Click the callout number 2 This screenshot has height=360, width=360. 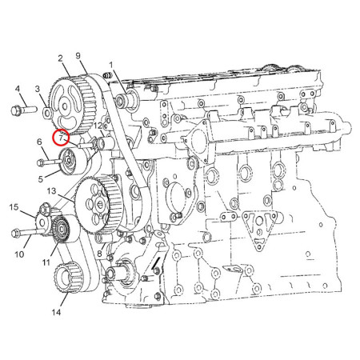point(59,58)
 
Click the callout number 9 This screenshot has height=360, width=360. point(79,55)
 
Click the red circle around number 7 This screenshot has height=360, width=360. point(62,137)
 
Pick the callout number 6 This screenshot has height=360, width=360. point(39,143)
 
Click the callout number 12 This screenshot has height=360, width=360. point(97,126)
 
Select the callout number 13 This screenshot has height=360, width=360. point(51,192)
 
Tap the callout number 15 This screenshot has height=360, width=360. point(14,208)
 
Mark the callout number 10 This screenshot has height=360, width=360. point(22,254)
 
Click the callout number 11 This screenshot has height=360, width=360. point(46,261)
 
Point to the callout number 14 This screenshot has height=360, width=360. point(55,313)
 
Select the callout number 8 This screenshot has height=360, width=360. point(98,254)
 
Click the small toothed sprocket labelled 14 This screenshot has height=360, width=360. point(62,282)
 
